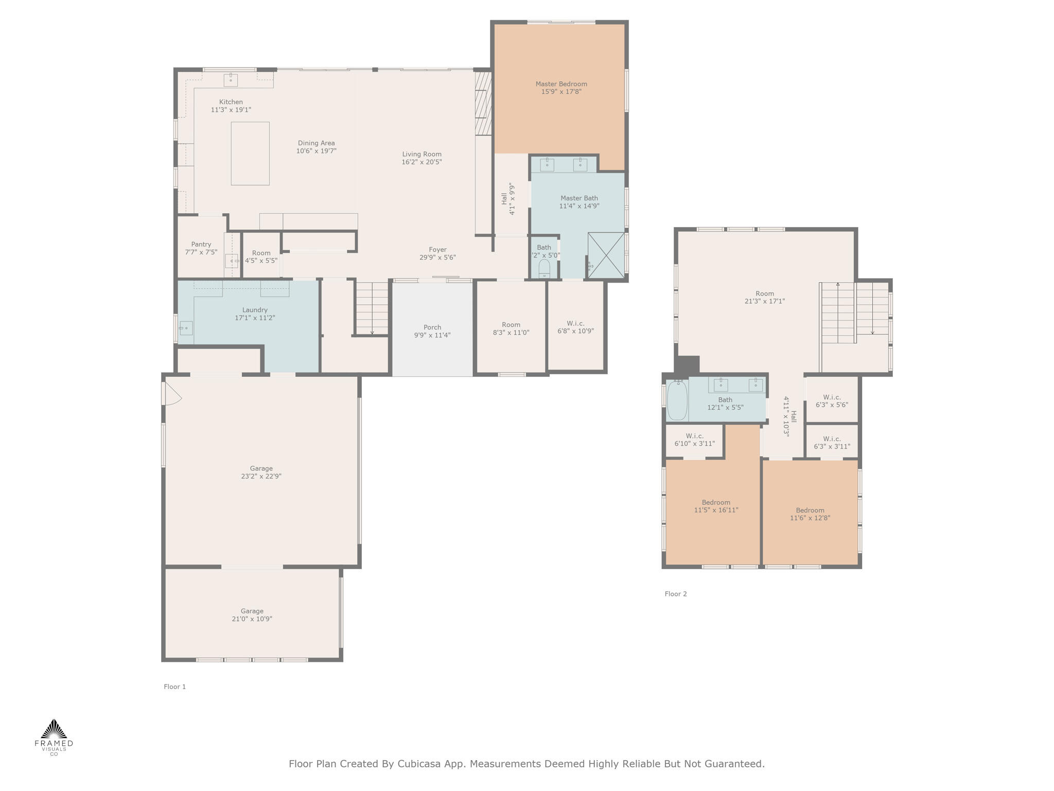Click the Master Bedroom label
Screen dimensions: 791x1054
(561, 84)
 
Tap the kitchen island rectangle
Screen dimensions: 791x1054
(250, 153)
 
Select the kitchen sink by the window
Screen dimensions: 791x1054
(231, 80)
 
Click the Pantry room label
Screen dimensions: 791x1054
(201, 245)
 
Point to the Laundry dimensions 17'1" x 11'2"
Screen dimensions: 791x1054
(255, 318)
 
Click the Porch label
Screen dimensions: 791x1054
(432, 327)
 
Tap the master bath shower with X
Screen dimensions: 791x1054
(606, 255)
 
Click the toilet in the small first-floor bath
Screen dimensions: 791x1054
(544, 268)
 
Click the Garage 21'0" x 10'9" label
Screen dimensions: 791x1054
(252, 615)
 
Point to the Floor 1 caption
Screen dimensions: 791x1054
(174, 686)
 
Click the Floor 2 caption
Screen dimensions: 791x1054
(675, 594)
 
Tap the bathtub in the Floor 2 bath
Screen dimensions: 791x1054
(677, 400)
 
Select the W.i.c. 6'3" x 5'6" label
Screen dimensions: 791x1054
(832, 401)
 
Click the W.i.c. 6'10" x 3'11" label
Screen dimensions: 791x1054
(694, 440)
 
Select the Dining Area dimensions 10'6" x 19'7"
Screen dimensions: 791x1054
(316, 151)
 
